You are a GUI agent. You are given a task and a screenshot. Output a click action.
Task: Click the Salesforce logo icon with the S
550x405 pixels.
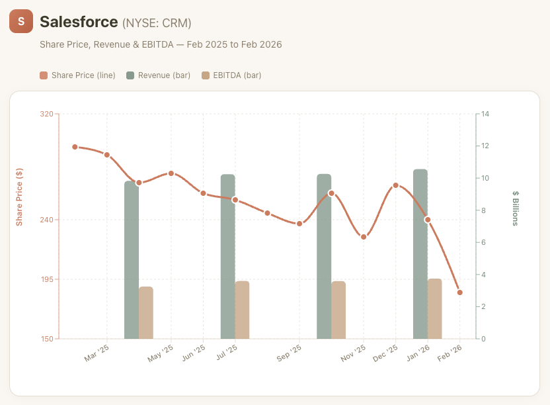(x=21, y=22)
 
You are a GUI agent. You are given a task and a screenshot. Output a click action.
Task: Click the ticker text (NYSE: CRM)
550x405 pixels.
(x=157, y=23)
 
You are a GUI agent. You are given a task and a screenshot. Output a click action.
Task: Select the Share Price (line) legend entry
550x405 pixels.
(x=78, y=75)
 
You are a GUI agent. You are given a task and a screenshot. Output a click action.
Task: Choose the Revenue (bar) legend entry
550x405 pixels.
(x=159, y=75)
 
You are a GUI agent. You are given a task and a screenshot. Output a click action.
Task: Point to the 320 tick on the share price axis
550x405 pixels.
(x=46, y=114)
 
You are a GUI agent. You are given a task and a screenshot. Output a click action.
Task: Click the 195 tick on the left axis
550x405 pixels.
(x=46, y=279)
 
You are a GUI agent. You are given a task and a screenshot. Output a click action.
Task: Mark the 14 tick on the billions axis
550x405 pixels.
(x=485, y=114)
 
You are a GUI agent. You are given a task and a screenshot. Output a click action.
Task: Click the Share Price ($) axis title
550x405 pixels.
(x=20, y=196)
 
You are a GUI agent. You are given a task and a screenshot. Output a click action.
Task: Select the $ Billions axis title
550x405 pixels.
(x=516, y=208)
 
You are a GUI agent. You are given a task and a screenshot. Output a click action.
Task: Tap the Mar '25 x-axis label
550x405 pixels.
(x=97, y=353)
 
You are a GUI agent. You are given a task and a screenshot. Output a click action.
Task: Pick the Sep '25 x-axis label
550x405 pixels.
(x=289, y=353)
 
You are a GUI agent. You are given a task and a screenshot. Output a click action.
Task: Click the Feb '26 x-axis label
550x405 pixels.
(x=450, y=353)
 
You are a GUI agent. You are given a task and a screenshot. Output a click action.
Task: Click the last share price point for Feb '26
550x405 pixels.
(x=459, y=292)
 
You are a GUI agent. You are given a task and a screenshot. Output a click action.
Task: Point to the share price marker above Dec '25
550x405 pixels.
(x=395, y=185)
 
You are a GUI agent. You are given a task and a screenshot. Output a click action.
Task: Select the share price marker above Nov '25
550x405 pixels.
(x=364, y=236)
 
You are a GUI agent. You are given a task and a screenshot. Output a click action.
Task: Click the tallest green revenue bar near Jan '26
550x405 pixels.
(x=420, y=255)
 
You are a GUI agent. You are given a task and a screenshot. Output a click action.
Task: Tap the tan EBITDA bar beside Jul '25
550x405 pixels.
(x=242, y=310)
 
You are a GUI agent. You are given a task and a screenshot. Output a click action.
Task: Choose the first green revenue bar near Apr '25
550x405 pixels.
(x=131, y=260)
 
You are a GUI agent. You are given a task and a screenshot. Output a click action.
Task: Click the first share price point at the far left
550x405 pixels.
(x=75, y=147)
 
